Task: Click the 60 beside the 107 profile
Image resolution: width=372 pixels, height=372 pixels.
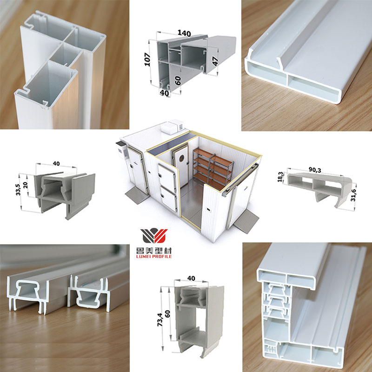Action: click(x=178, y=79)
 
